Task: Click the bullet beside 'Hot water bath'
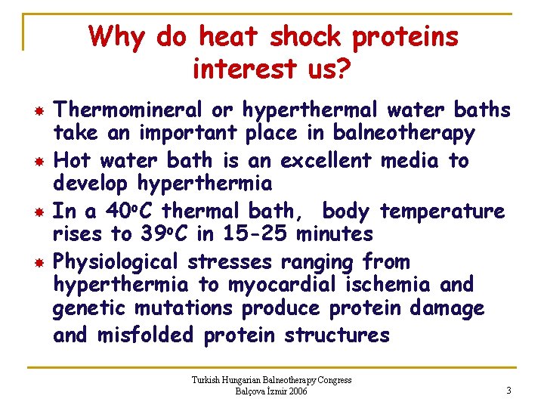click(36, 161)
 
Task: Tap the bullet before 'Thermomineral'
click(36, 111)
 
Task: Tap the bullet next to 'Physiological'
click(36, 262)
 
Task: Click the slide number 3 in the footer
click(509, 391)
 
